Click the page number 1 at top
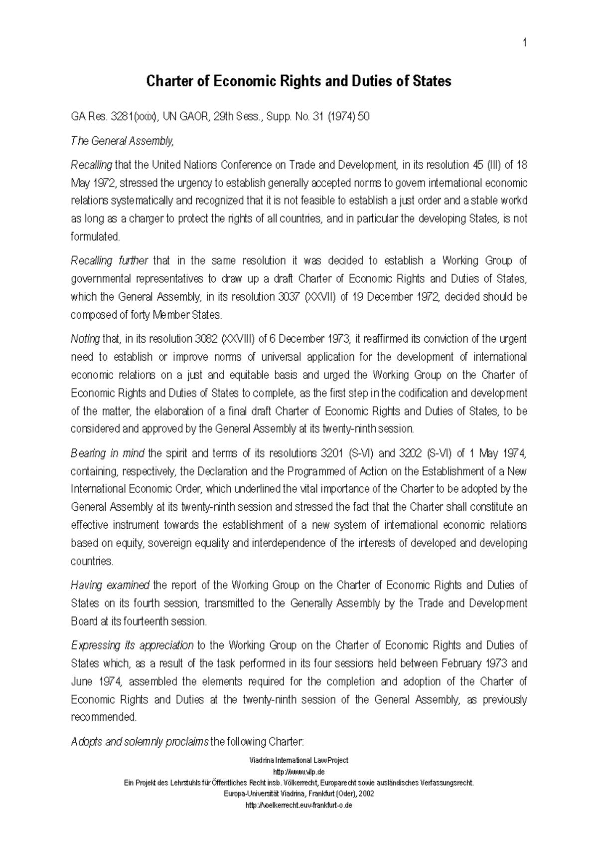pos(525,43)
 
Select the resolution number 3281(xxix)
pos(135,117)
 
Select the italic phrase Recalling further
pos(110,261)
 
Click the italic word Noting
pos(85,339)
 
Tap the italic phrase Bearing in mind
pos(108,453)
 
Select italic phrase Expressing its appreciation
pos(132,645)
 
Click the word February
pos(458,663)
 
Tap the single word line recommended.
pos(104,717)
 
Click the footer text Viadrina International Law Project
pos(299,760)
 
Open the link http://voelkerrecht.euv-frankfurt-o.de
pos(299,806)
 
